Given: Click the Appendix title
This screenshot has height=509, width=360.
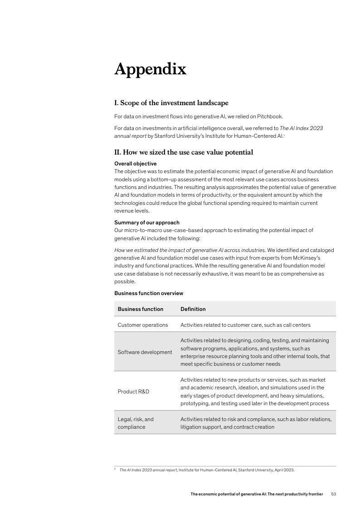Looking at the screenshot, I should point(150,69).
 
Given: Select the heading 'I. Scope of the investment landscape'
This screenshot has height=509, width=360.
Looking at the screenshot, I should point(171,103).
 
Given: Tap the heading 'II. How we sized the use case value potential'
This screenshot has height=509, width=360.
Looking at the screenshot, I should point(183,152).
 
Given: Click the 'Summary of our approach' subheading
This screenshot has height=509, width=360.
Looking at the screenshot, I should point(147,223).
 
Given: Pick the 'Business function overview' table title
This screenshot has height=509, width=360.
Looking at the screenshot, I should point(149,293).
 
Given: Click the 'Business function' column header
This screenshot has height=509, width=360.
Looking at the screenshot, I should point(141,309).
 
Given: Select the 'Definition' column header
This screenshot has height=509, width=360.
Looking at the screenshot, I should point(193,309).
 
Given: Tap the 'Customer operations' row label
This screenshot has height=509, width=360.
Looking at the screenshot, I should point(143,325).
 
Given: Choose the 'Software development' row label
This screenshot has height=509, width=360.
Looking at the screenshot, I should point(145,352).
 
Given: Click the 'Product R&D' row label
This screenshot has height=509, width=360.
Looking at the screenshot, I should point(133,391).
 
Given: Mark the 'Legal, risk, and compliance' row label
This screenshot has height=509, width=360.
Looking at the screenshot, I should point(136,423).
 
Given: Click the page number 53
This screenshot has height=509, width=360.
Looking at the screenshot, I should point(333,494).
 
